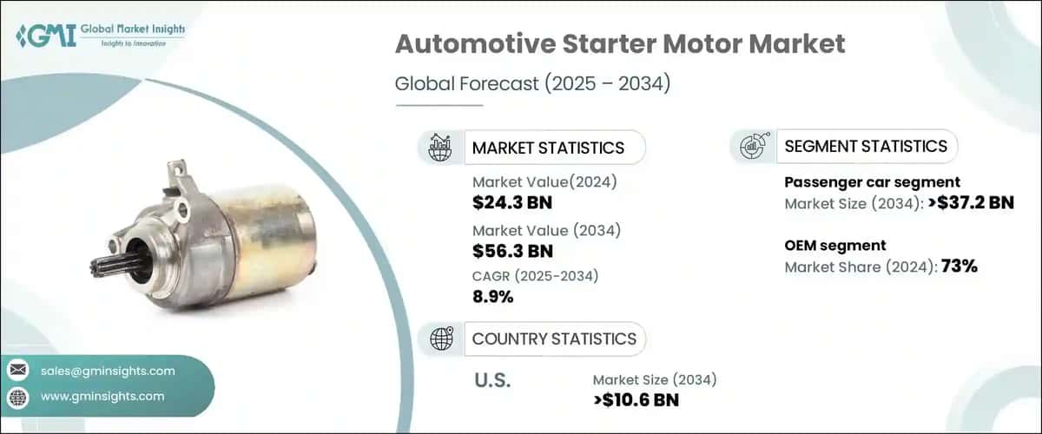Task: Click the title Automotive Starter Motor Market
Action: [x=619, y=45]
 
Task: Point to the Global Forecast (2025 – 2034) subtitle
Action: [x=533, y=84]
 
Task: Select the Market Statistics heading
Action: [x=548, y=148]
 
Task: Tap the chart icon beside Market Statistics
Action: [x=440, y=148]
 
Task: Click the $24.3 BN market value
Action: [x=512, y=203]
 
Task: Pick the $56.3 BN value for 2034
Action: [x=512, y=252]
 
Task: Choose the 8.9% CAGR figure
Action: [x=492, y=297]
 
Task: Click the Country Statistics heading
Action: [x=554, y=339]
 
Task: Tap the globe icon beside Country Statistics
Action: [x=440, y=339]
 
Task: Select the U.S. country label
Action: [x=492, y=380]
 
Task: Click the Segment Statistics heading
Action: [x=866, y=146]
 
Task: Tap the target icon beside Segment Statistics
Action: [x=752, y=147]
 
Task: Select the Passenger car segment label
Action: [x=872, y=182]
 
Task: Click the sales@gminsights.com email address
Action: [x=108, y=371]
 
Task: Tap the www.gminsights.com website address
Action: [x=102, y=397]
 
